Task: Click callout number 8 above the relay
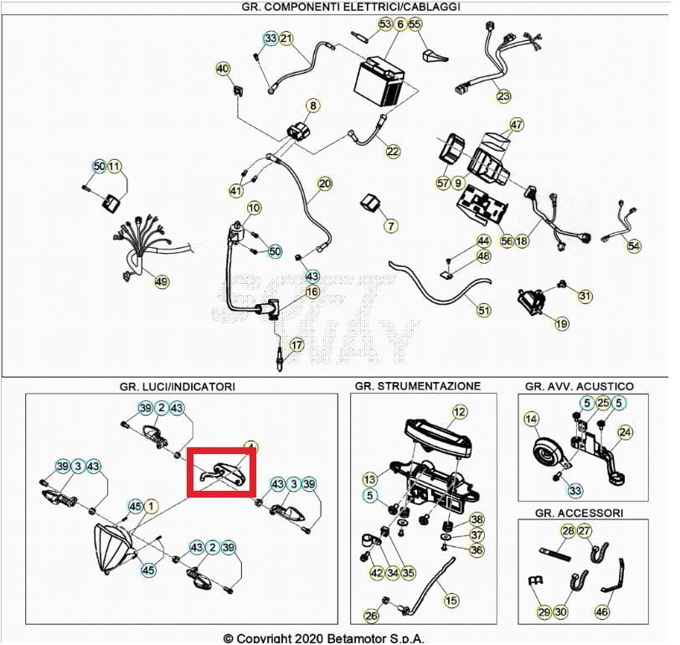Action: pos(313,106)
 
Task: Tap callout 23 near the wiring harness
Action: pos(502,95)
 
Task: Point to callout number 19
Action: pos(561,323)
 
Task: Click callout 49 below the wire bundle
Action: pos(161,281)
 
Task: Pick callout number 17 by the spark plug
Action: pos(297,345)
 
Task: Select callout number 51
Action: pos(484,310)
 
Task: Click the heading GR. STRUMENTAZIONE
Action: pos(417,386)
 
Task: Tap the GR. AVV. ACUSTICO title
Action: pos(579,386)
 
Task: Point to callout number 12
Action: pos(459,411)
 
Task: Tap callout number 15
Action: pos(451,600)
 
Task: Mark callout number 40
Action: pos(223,68)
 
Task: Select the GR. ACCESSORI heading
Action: pos(579,512)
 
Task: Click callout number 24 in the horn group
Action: pos(625,432)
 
